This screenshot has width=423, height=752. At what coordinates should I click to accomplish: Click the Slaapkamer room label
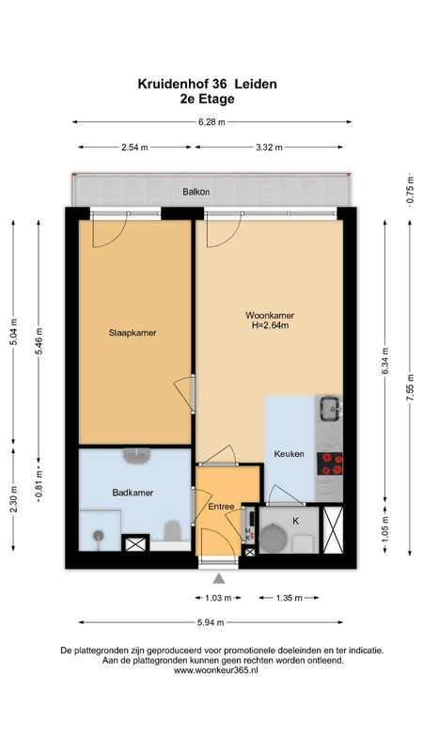pos(133,333)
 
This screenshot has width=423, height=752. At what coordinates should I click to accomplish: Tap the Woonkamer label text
pos(270,316)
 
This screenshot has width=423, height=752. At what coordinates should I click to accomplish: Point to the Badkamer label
pos(133,493)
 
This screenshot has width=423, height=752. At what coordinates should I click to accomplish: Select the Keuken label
pos(289,454)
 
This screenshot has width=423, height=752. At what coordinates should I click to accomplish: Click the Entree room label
pos(221,507)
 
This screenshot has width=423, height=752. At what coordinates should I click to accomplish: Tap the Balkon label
pos(196,192)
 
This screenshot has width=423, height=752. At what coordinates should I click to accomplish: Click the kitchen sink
pos(331,408)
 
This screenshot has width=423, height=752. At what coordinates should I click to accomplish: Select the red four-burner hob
pos(330,463)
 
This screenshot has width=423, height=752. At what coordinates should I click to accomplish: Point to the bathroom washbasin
pos(137,455)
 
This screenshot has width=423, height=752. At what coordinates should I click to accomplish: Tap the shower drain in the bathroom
pos(99,535)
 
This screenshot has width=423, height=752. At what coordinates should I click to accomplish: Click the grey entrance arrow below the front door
pos(219,578)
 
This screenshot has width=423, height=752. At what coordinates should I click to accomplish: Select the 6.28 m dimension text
pos(212,122)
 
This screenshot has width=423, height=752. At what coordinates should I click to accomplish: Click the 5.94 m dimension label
pos(211,623)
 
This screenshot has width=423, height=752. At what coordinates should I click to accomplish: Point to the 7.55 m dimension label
pos(410,388)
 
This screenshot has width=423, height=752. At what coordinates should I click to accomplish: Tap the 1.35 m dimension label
pos(289,598)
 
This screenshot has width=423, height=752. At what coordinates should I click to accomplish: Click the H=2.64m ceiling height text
pos(270,325)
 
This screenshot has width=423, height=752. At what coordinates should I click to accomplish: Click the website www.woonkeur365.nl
pos(216,671)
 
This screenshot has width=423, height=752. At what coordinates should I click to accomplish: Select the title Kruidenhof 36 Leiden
pos(207,84)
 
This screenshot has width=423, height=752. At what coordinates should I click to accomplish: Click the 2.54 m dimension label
pos(134,148)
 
